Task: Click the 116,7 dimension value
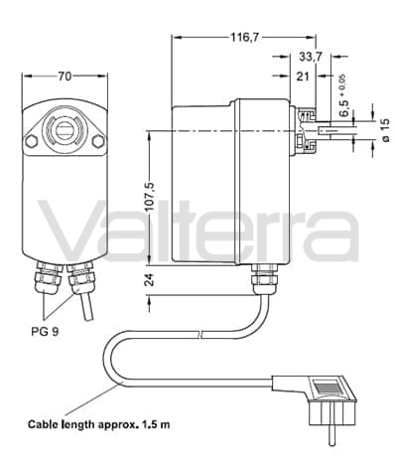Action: click(x=245, y=38)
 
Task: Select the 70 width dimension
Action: click(x=65, y=77)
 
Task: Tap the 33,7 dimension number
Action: click(x=311, y=57)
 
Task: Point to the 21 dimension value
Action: click(x=303, y=77)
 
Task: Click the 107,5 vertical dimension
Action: click(x=150, y=197)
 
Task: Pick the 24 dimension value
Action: click(x=150, y=280)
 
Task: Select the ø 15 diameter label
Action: click(x=386, y=130)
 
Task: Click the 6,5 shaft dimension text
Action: click(x=343, y=106)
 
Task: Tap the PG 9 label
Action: click(x=45, y=332)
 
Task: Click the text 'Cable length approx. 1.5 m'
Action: click(x=99, y=424)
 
